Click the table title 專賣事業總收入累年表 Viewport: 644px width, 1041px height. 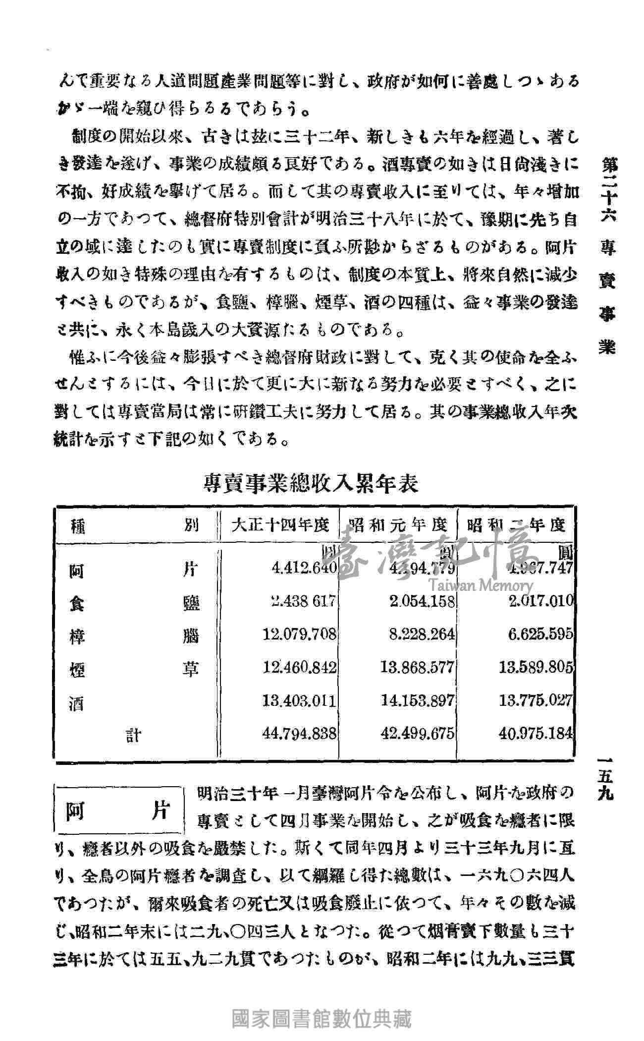[311, 483]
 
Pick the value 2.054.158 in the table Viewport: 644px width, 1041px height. [421, 602]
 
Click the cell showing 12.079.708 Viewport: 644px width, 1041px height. [300, 634]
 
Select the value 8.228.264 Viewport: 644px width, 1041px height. [422, 634]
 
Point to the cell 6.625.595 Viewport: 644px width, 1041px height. [540, 634]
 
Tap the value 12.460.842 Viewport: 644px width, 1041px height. [300, 667]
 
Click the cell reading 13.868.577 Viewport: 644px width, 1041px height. [417, 667]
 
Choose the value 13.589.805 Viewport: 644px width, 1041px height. [536, 667]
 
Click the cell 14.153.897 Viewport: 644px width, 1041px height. [417, 700]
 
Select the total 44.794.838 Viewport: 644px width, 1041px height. [300, 733]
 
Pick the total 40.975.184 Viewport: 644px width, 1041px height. [536, 733]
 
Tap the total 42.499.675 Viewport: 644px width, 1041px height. [417, 733]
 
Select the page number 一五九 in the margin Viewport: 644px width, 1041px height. [606, 784]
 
